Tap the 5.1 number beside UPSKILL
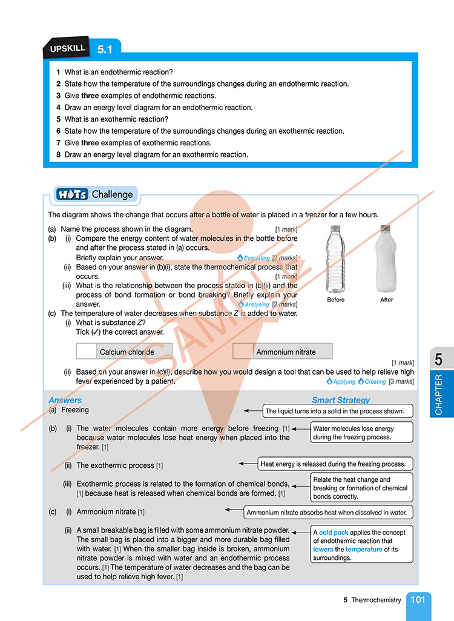pos(105,50)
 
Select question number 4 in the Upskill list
pos(59,108)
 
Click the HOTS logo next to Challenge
pos(72,194)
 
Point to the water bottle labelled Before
pos(336,258)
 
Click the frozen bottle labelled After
pos(386,258)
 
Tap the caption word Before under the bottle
pos(336,300)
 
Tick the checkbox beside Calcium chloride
pos(87,351)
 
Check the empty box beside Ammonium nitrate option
pos(243,351)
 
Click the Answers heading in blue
pos(65,400)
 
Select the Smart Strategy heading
pos(341,400)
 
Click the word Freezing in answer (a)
pos(75,410)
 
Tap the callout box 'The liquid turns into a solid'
pos(338,412)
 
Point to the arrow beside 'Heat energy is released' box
pos(248,464)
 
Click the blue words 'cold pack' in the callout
pos(334,533)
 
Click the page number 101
pos(418,600)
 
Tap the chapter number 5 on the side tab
pos(438,360)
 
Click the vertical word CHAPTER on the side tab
pos(438,395)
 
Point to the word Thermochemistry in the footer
pos(376,600)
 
